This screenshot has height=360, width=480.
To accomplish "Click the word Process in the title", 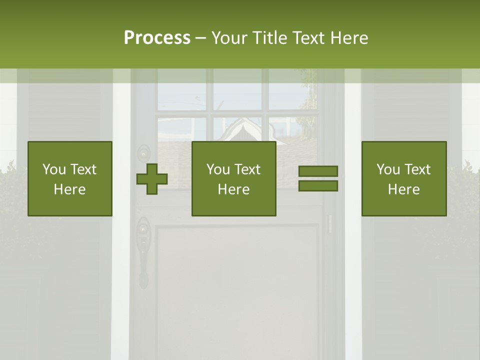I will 157,38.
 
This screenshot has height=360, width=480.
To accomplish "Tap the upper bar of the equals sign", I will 318,171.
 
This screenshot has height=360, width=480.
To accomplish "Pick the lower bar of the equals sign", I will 318,186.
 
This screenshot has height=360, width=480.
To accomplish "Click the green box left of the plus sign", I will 70,178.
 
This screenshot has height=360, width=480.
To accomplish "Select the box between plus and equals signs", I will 234,178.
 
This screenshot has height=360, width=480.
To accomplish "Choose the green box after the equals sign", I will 404,178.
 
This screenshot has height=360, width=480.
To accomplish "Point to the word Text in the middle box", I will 247,169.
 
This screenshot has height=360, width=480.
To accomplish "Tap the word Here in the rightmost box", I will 403,189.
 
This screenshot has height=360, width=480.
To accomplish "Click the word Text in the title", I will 308,38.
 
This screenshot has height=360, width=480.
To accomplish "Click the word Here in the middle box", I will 233,189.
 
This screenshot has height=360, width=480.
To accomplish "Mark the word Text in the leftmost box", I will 83,169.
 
